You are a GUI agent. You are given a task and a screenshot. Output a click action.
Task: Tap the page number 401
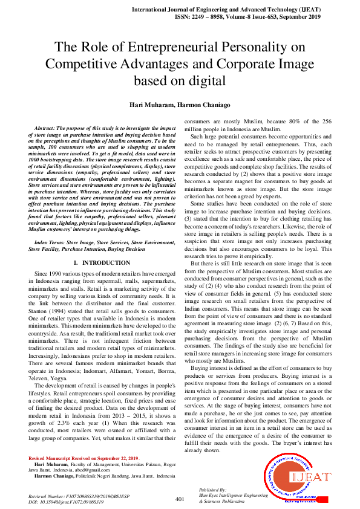(x=180, y=499)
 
